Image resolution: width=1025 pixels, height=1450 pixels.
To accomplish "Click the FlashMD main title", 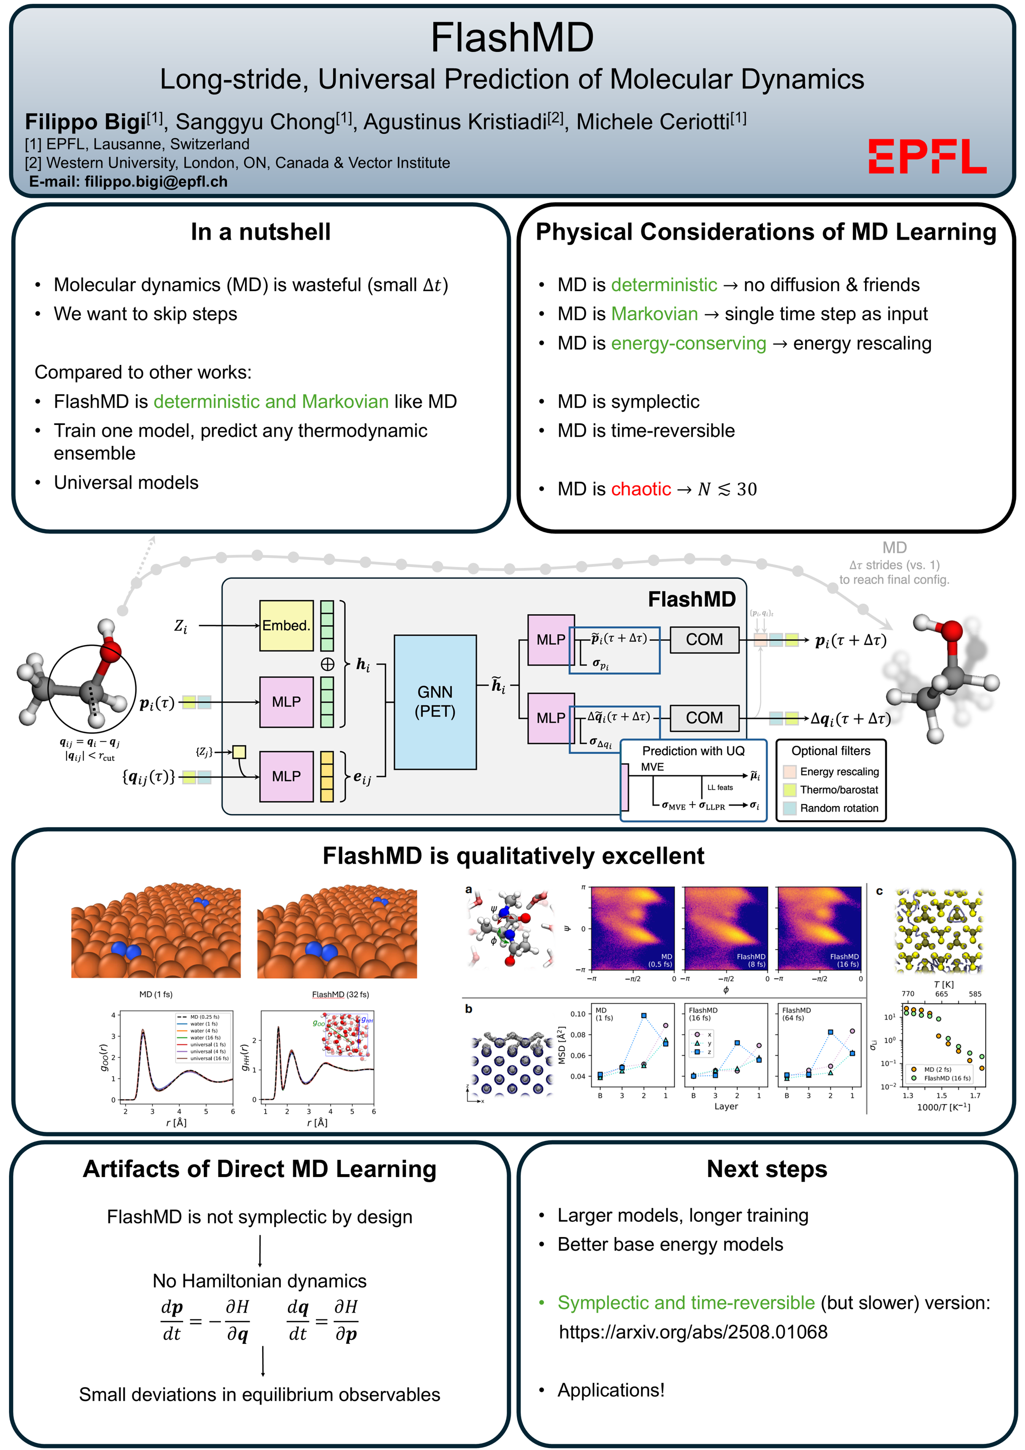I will click(512, 37).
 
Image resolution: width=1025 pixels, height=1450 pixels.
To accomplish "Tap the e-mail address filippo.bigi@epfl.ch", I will click(156, 182).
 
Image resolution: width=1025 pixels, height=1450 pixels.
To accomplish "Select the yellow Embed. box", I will click(286, 625).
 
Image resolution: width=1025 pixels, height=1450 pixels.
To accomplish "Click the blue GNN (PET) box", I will click(434, 702).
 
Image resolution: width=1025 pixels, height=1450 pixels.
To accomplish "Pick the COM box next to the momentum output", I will click(704, 640).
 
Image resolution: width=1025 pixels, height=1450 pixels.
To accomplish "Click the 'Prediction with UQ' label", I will click(693, 751).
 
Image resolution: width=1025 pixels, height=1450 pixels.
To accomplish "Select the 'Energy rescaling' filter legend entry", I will click(839, 772).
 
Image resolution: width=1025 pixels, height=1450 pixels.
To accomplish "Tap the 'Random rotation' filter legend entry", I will click(839, 809).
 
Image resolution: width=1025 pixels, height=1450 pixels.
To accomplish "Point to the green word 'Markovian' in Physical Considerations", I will click(655, 314).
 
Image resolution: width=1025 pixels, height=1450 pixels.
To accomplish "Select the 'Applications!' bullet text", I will click(610, 1390).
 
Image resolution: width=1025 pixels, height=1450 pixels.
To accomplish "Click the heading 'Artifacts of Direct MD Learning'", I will click(260, 1169).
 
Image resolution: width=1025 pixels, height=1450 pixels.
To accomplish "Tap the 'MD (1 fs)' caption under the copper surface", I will click(155, 995).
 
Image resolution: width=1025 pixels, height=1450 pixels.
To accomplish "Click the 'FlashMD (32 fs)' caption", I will click(340, 995).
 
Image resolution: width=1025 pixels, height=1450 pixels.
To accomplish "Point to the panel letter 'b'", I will click(468, 1009).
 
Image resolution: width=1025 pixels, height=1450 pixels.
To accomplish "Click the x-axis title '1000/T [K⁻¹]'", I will click(943, 1107).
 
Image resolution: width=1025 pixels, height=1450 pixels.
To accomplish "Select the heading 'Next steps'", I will click(766, 1169).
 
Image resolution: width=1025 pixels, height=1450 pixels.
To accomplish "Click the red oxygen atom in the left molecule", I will click(110, 651).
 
